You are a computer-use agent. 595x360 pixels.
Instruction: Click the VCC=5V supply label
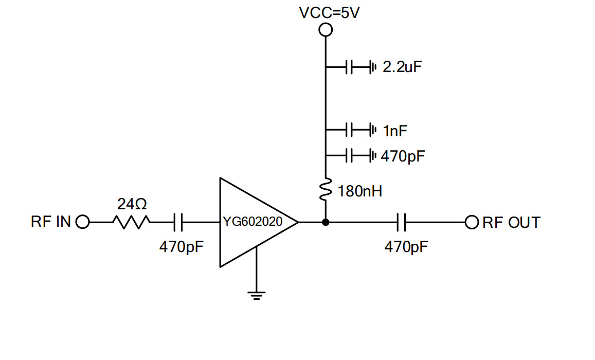(x=329, y=12)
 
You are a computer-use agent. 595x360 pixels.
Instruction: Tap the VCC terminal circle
(x=326, y=30)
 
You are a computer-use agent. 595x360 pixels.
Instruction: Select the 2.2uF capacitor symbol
(x=350, y=67)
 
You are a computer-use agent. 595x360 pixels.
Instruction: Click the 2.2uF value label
(x=403, y=67)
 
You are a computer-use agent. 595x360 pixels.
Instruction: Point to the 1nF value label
(x=395, y=131)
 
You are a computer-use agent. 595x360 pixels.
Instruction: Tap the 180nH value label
(x=360, y=192)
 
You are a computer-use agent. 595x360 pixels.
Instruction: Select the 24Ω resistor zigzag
(x=132, y=222)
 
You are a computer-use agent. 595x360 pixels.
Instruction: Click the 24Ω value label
(x=132, y=205)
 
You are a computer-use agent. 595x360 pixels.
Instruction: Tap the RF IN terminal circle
(x=82, y=222)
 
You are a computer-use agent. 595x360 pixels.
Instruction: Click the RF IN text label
(x=51, y=222)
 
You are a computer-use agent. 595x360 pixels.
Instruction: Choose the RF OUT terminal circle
(x=472, y=222)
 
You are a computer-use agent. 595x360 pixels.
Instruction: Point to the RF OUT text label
(x=512, y=223)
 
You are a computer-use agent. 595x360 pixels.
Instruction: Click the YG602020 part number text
(x=253, y=223)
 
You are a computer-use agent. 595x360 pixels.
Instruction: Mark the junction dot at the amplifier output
(x=326, y=222)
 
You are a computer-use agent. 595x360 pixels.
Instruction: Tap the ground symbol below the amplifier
(x=257, y=295)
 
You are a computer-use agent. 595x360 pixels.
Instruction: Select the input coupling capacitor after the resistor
(x=178, y=222)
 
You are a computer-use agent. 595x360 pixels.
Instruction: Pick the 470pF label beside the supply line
(x=403, y=156)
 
